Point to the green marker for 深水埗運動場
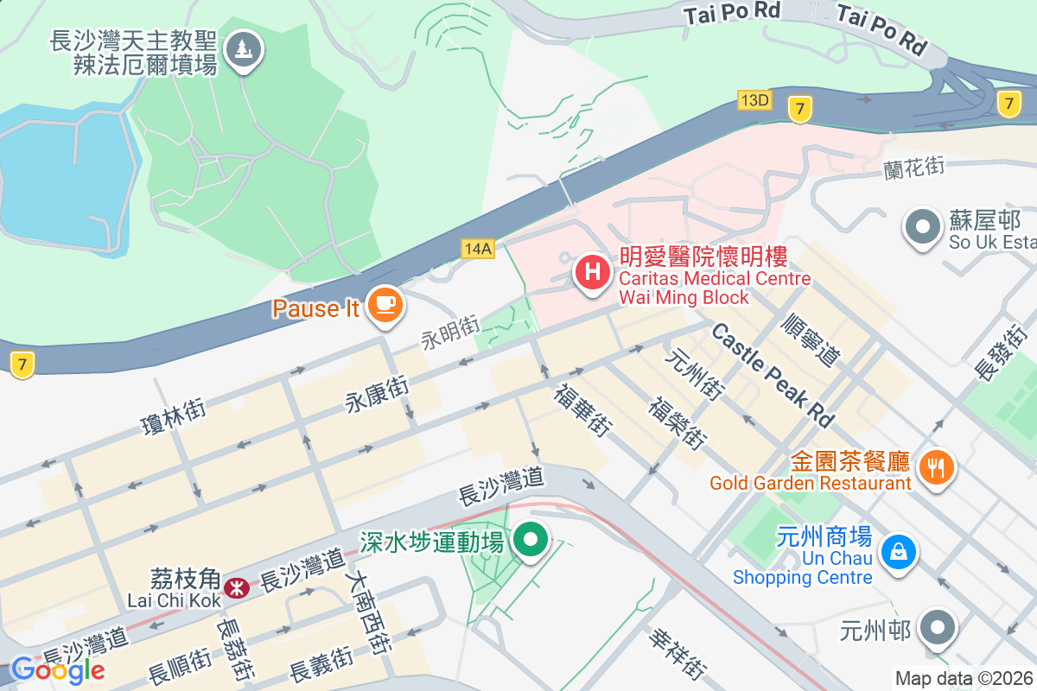pyautogui.click(x=531, y=542)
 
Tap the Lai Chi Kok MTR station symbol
pyautogui.click(x=235, y=588)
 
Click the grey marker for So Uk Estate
pyautogui.click(x=922, y=228)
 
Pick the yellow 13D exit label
pyautogui.click(x=754, y=100)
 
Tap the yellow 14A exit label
pyautogui.click(x=476, y=249)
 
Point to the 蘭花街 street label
pyautogui.click(x=913, y=167)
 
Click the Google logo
pyautogui.click(x=57, y=669)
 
